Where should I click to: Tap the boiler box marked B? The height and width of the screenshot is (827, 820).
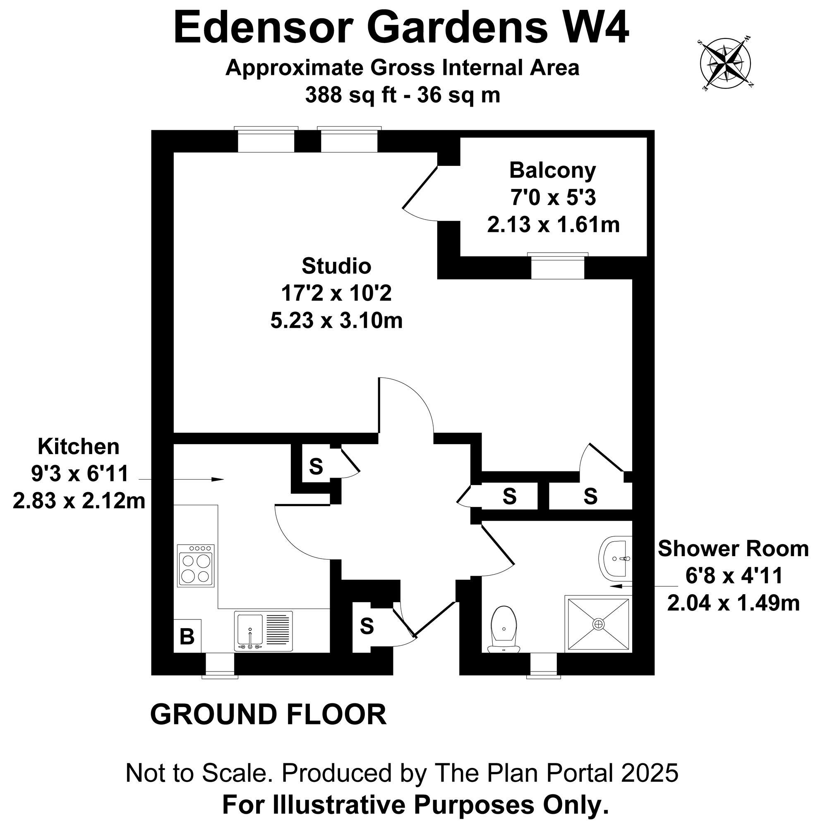pyautogui.click(x=187, y=636)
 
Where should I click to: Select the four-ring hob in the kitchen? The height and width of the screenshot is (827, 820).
pyautogui.click(x=196, y=565)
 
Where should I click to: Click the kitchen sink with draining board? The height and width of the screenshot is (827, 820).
pyautogui.click(x=264, y=631)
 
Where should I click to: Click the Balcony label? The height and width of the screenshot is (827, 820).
pyautogui.click(x=552, y=170)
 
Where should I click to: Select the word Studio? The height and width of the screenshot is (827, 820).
pyautogui.click(x=336, y=266)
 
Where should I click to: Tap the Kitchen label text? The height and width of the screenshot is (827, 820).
pyautogui.click(x=79, y=447)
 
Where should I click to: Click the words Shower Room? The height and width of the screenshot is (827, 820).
pyautogui.click(x=733, y=549)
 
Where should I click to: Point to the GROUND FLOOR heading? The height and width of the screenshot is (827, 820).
pyautogui.click(x=269, y=715)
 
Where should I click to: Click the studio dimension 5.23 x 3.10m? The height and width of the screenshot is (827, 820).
pyautogui.click(x=336, y=320)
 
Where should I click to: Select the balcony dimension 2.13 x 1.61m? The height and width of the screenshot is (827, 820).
pyautogui.click(x=553, y=224)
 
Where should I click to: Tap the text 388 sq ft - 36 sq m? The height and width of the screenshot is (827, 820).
pyautogui.click(x=403, y=95)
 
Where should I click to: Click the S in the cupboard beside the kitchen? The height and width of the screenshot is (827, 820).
pyautogui.click(x=316, y=466)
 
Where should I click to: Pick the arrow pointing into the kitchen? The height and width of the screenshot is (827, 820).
pyautogui.click(x=182, y=479)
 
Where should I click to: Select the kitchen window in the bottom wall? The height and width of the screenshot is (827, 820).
pyautogui.click(x=220, y=665)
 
